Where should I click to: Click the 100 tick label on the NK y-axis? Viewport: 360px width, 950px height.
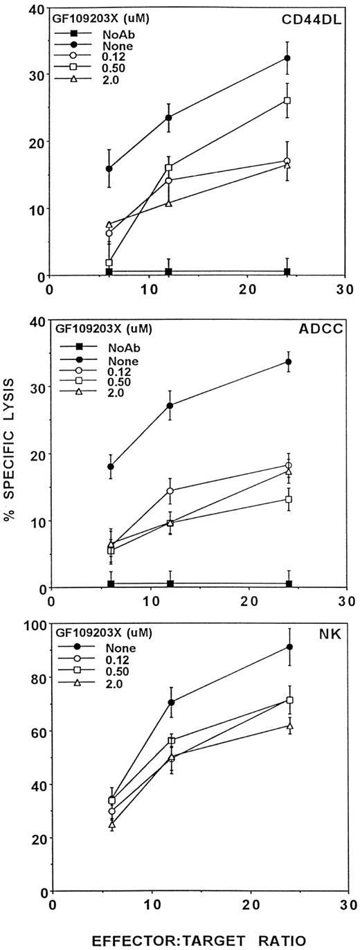pyautogui.click(x=33, y=625)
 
